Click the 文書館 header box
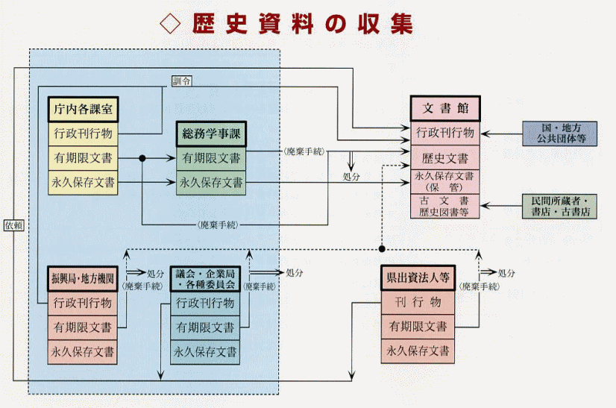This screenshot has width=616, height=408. click(445, 108)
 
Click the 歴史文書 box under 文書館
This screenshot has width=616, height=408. click(445, 158)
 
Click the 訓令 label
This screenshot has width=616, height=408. click(181, 81)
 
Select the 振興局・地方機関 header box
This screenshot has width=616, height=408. click(82, 278)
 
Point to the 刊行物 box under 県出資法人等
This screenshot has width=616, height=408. click(418, 302)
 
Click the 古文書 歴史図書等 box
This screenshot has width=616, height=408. click(445, 206)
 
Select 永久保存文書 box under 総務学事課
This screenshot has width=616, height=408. click(211, 182)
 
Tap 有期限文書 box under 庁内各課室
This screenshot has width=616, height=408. click(83, 158)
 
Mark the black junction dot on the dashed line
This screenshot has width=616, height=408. click(381, 248)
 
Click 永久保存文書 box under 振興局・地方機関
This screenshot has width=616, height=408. click(82, 351)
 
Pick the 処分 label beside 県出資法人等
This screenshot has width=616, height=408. click(506, 273)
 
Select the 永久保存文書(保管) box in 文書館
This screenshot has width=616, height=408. click(445, 182)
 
